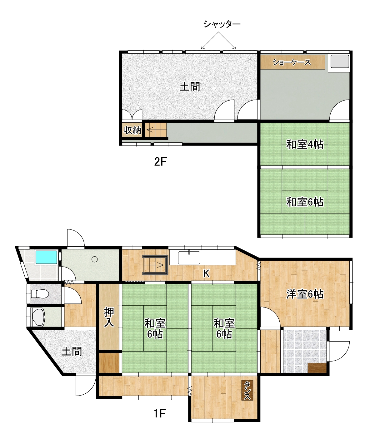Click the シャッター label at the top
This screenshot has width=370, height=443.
tap(222, 24)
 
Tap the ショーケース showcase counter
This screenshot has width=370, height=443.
tap(293, 62)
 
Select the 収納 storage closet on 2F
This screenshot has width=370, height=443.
tap(132, 130)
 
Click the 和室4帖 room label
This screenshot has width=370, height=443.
tap(305, 145)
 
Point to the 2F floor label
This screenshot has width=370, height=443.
tap(160, 162)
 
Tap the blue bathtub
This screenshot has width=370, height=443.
tap(46, 257)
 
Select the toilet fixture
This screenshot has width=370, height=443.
tap(40, 294)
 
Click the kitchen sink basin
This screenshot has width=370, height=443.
tap(189, 258)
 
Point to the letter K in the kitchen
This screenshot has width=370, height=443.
tap(206, 274)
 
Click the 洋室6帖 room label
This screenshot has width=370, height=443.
tap(305, 294)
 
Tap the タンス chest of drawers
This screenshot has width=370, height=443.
tap(247, 390)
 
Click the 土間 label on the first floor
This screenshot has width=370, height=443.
tap(72, 352)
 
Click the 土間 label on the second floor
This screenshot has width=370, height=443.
tap(190, 86)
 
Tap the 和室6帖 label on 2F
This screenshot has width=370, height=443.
tap(305, 202)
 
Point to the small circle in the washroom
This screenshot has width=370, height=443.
tap(94, 259)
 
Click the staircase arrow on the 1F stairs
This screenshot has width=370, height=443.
tap(159, 265)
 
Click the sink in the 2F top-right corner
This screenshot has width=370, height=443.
tap(340, 62)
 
